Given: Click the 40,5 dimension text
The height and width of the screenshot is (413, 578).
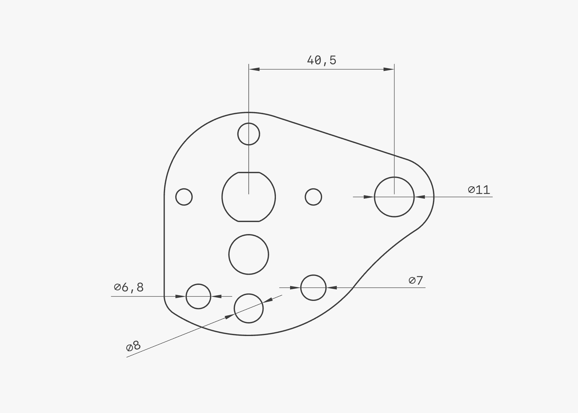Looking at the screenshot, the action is (x=321, y=60).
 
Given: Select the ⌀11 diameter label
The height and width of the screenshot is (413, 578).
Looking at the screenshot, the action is (x=479, y=189).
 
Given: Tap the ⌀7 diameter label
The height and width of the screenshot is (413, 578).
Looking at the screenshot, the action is (x=416, y=280).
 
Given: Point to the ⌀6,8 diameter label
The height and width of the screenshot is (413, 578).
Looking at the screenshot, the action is (x=129, y=287).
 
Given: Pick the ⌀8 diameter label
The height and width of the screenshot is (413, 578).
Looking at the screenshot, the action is (x=133, y=346).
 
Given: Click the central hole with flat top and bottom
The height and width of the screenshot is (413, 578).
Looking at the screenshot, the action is (x=222, y=197).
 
